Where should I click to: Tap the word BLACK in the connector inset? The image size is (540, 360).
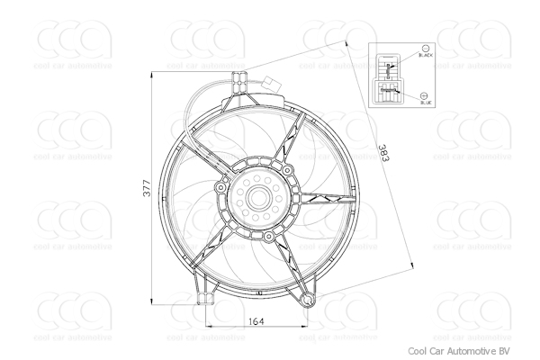tap(426, 57)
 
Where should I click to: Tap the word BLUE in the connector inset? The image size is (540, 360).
tap(426, 103)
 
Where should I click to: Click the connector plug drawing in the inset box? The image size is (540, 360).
tap(389, 78)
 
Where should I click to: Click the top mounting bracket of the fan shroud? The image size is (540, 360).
tap(238, 80)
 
